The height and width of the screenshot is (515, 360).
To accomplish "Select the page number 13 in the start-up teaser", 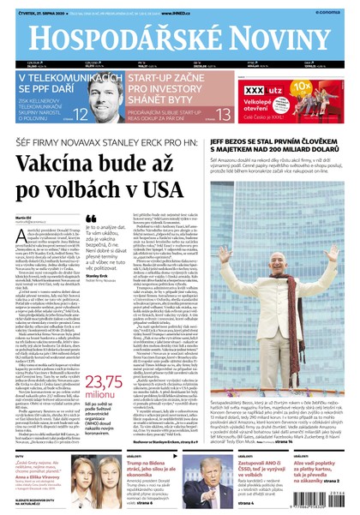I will [x=223, y=113].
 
